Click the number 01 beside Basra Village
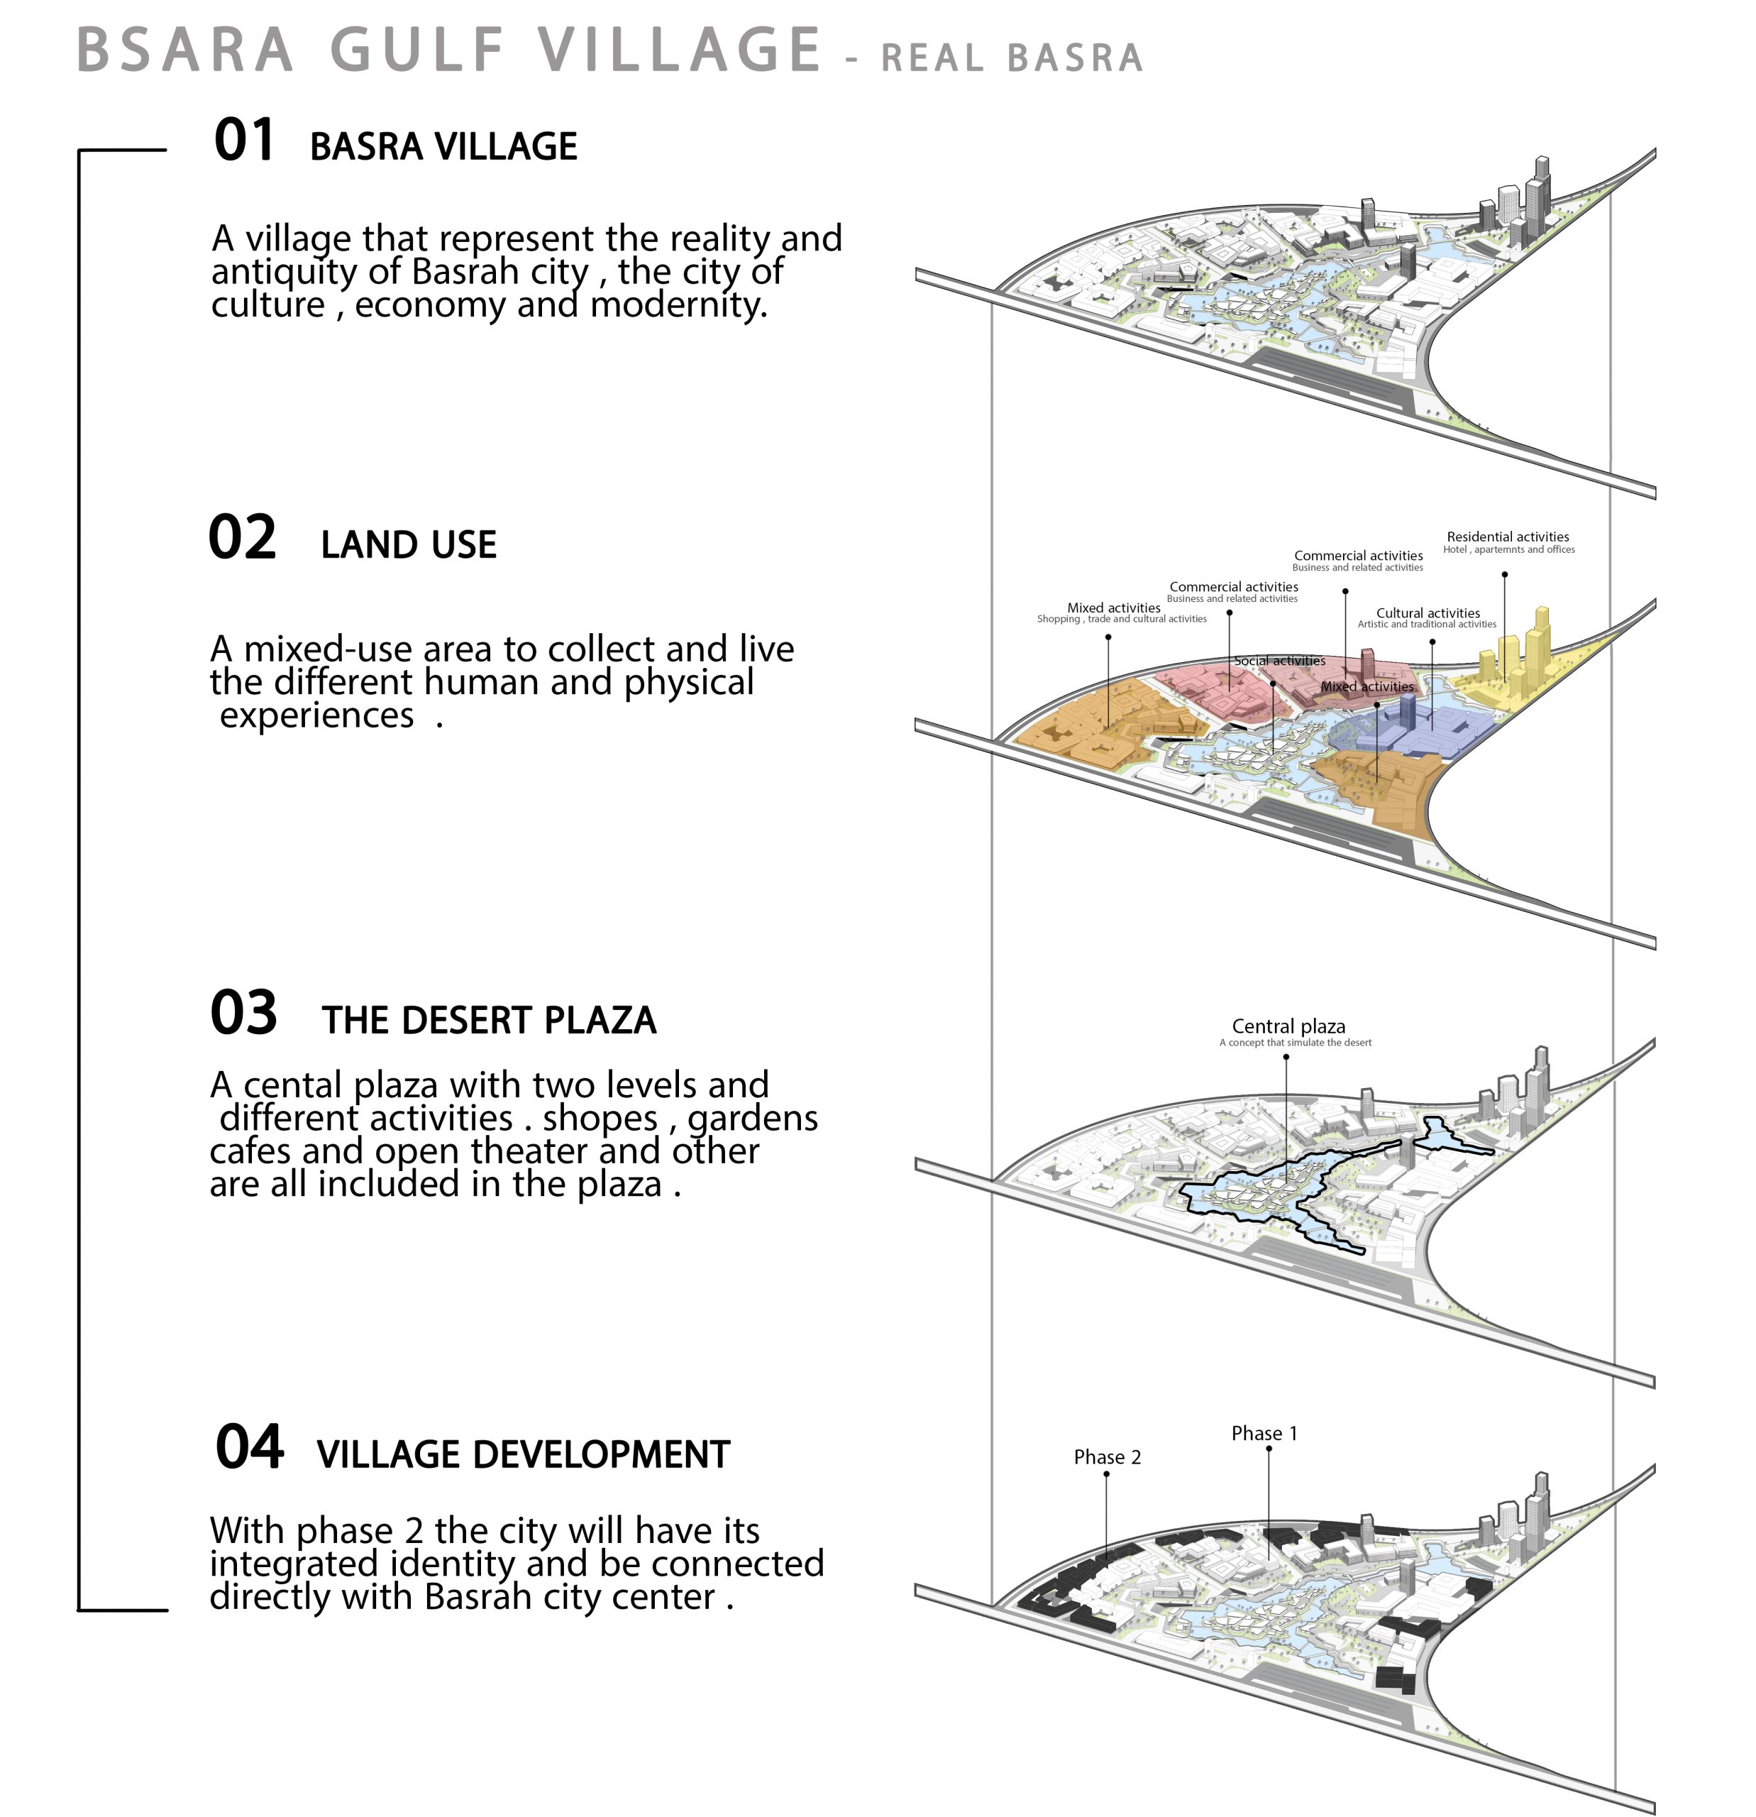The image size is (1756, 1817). (243, 141)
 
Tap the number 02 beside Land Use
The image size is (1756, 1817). (242, 538)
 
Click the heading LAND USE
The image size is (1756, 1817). (409, 545)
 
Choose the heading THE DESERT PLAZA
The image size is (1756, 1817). (490, 1021)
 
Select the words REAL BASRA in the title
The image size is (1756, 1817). (1012, 57)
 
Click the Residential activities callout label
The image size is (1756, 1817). (1508, 537)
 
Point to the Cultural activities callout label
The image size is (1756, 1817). (1428, 613)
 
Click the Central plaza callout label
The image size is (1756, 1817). (1288, 1026)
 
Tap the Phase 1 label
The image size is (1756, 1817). (1264, 1433)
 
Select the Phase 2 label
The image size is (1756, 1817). (1108, 1457)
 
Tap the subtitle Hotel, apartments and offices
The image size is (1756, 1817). (1508, 550)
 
